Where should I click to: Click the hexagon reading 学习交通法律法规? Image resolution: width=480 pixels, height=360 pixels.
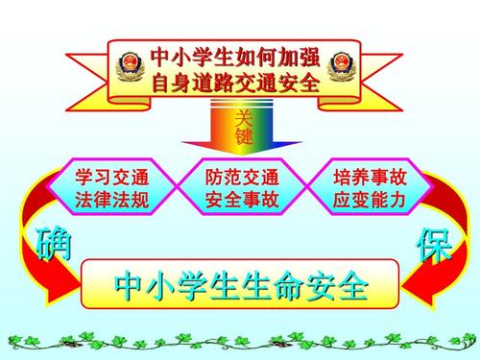[111, 188]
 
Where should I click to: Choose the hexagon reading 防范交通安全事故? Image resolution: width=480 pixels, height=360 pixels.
[242, 188]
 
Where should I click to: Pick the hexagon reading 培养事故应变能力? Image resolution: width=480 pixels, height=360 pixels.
[370, 188]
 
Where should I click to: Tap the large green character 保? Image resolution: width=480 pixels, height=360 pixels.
[434, 246]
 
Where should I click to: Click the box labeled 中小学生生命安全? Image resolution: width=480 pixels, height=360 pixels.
[240, 285]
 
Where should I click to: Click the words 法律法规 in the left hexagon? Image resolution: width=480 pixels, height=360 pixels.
[111, 201]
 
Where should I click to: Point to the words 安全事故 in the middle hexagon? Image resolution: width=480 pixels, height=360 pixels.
[242, 201]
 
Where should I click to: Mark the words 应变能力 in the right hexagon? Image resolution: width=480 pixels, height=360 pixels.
[370, 201]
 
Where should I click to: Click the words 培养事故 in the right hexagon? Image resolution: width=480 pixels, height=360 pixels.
[370, 177]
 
